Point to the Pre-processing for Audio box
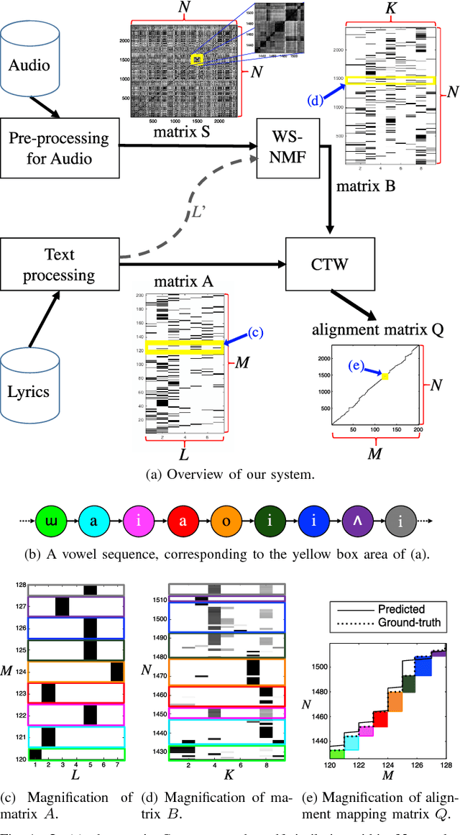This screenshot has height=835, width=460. tap(57, 147)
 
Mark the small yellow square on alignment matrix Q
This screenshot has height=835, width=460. tap(385, 377)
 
